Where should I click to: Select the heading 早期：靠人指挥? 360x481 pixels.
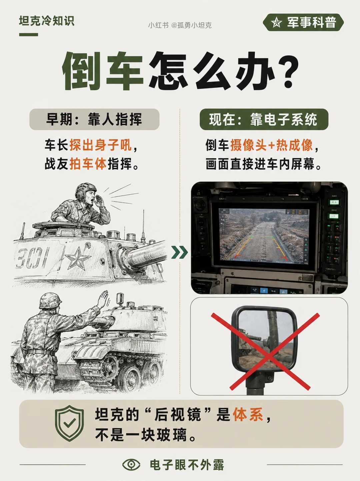tap(94, 119)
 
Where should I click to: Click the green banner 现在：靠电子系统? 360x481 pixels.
tap(264, 119)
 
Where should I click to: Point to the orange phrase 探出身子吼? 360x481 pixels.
tap(101, 145)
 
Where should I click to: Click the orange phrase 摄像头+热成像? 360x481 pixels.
tap(271, 145)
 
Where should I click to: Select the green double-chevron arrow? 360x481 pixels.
tap(179, 252)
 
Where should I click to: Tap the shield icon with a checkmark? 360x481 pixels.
tap(69, 423)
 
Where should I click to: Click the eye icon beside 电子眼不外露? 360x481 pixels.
tap(131, 465)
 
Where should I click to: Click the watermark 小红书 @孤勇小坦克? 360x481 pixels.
tap(180, 25)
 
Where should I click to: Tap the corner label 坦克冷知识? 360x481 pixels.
tap(46, 21)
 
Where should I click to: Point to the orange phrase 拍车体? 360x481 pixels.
tap(88, 164)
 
